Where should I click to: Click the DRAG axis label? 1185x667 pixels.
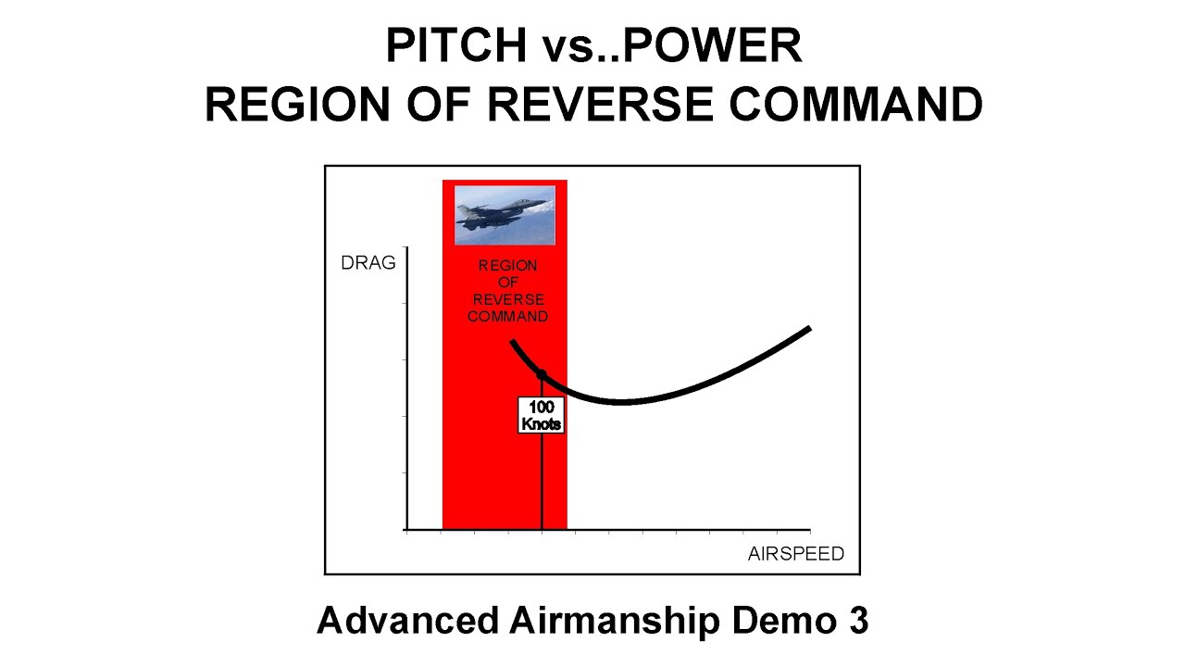pyautogui.click(x=368, y=263)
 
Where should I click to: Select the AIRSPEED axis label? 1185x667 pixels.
pyautogui.click(x=796, y=554)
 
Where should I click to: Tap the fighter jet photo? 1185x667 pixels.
pyautogui.click(x=505, y=214)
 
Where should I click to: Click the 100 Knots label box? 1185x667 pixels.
pyautogui.click(x=542, y=415)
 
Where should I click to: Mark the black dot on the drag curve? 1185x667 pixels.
pyautogui.click(x=542, y=374)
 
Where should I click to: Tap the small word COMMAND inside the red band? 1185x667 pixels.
pyautogui.click(x=507, y=317)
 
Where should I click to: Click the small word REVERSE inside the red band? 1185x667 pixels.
pyautogui.click(x=508, y=300)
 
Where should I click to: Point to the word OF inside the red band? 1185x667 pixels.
pyautogui.click(x=507, y=283)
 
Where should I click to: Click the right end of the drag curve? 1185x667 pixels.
pyautogui.click(x=809, y=328)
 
